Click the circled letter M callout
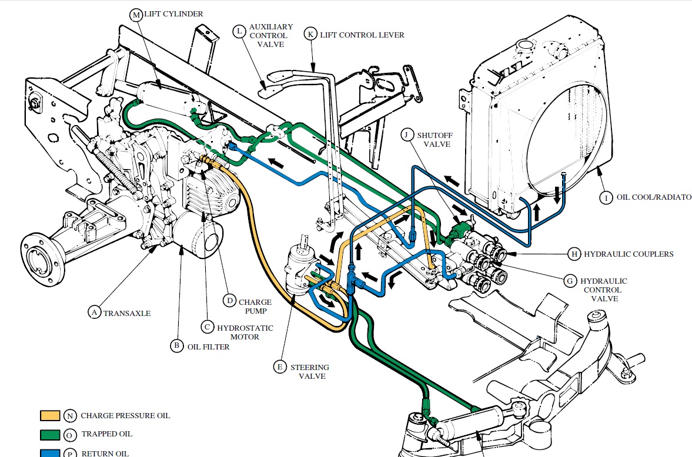coord(137,14)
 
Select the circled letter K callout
coord(310,34)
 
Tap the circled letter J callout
coord(407,135)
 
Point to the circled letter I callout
coord(605,197)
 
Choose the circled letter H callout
coord(573,254)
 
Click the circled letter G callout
coord(570,281)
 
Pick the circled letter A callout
coord(94,312)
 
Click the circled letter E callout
coord(280,367)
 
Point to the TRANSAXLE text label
coord(127,313)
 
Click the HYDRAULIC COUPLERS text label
coord(629,254)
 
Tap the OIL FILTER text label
coord(208,347)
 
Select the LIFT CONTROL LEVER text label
coord(362,35)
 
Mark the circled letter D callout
coord(230,301)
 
